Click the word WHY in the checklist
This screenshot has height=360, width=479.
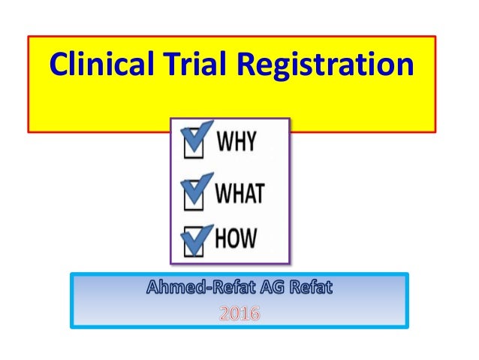pos(236,142)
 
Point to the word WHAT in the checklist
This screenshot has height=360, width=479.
pos(239,193)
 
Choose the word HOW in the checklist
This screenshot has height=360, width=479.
pos(236,238)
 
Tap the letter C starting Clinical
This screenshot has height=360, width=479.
pos(58,65)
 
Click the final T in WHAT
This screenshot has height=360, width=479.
pos(258,193)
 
